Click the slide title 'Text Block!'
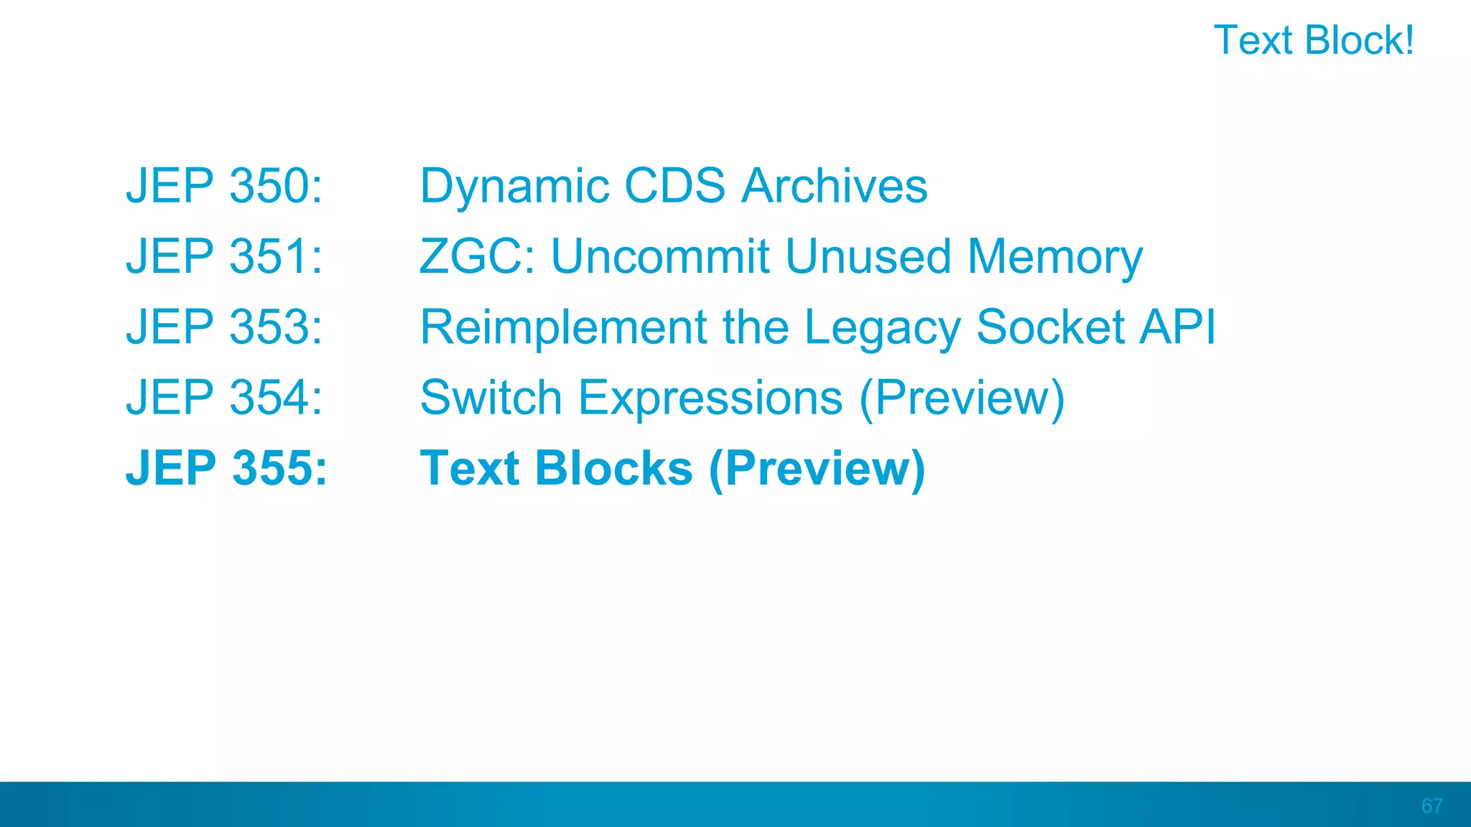click(x=1313, y=40)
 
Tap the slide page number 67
click(x=1431, y=805)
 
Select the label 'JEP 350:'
click(x=224, y=186)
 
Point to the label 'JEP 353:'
click(x=224, y=327)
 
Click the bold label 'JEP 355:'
click(x=226, y=468)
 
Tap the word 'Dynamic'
click(x=514, y=187)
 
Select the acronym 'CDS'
click(x=675, y=186)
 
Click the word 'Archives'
click(x=834, y=186)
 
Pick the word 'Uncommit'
click(x=659, y=256)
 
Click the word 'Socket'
click(x=1051, y=327)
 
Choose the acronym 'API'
click(x=1177, y=327)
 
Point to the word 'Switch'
click(x=491, y=397)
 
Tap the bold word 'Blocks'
click(x=613, y=468)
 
